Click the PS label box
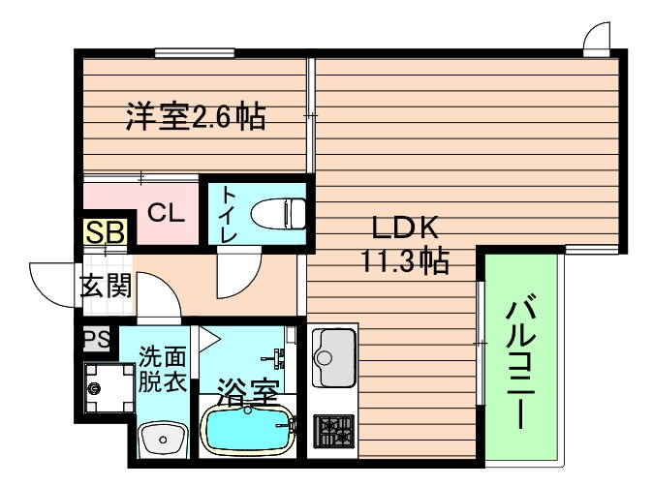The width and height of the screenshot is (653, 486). [95, 339]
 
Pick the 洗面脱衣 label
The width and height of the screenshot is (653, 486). [162, 368]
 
